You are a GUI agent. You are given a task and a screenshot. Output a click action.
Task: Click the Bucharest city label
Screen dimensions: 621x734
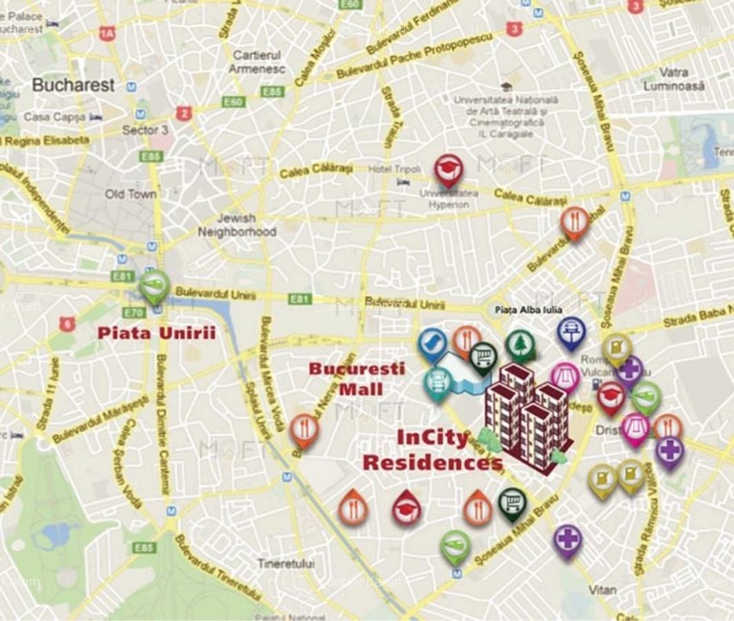point(73,86)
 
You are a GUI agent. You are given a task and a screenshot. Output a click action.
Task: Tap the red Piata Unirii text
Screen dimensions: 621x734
point(157,333)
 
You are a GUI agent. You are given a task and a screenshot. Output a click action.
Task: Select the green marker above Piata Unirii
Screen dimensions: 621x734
point(154,284)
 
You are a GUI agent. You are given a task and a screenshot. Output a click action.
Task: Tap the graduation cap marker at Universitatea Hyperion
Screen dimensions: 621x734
point(448,169)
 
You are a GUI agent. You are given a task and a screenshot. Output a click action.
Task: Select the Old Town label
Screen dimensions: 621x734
point(130,194)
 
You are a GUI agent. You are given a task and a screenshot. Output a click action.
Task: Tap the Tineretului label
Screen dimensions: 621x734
point(286,563)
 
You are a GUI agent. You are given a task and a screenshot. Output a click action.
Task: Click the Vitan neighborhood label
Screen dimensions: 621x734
point(602,590)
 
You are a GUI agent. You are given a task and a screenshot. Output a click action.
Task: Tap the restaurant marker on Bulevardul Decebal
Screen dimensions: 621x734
point(574,221)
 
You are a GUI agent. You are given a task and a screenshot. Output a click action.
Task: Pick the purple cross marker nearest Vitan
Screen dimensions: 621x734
point(567,539)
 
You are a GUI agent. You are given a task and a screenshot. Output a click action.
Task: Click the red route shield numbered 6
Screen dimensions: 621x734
point(67,324)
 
